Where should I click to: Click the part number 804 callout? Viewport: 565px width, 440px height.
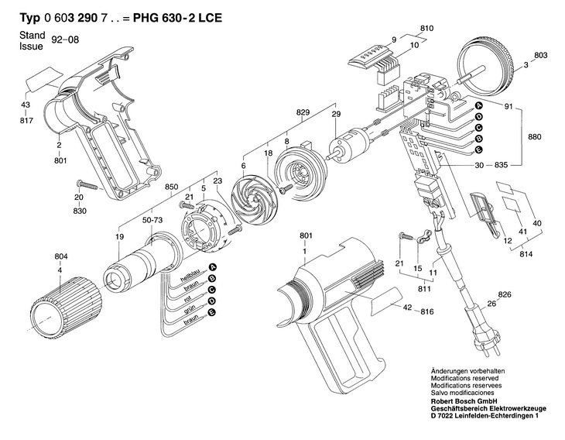point(61,256)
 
